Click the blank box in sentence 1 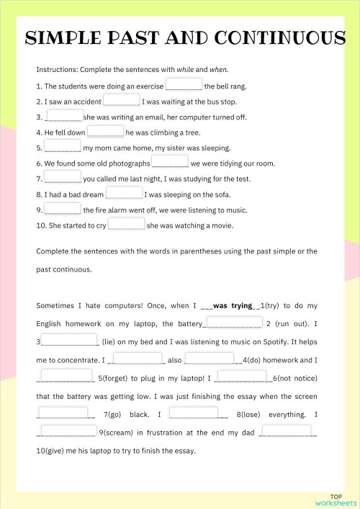pyautogui.click(x=184, y=84)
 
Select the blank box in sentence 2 pyautogui.click(x=121, y=100)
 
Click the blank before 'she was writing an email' pyautogui.click(x=63, y=115)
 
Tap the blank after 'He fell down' pyautogui.click(x=105, y=131)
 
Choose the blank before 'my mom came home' pyautogui.click(x=63, y=147)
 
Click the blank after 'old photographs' pyautogui.click(x=170, y=162)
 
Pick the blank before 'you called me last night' pyautogui.click(x=63, y=178)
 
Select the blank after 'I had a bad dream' pyautogui.click(x=124, y=193)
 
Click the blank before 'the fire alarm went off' pyautogui.click(x=63, y=209)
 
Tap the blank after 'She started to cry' pyautogui.click(x=126, y=224)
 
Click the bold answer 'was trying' pyautogui.click(x=230, y=305)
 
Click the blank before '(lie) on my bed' pyautogui.click(x=70, y=340)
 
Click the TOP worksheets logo pyautogui.click(x=336, y=499)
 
